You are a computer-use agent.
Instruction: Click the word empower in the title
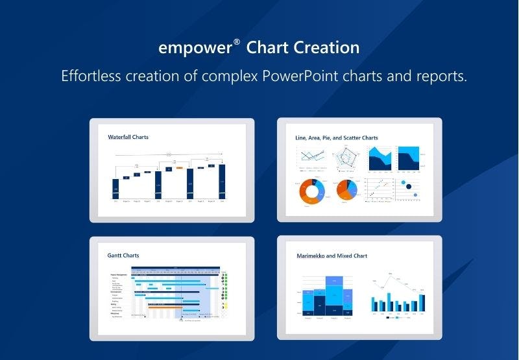coord(194,48)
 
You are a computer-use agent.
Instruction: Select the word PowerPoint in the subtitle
coord(302,76)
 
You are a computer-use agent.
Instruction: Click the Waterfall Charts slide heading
coord(128,138)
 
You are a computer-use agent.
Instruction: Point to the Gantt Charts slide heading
coord(123,256)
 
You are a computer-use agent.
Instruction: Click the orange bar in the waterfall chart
coord(178,167)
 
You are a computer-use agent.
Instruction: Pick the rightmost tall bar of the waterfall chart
coord(222,181)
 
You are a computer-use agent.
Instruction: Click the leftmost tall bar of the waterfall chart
coord(116,188)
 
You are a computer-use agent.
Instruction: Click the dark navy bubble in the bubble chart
coord(409,187)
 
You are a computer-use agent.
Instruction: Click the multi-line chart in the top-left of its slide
coord(311,157)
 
